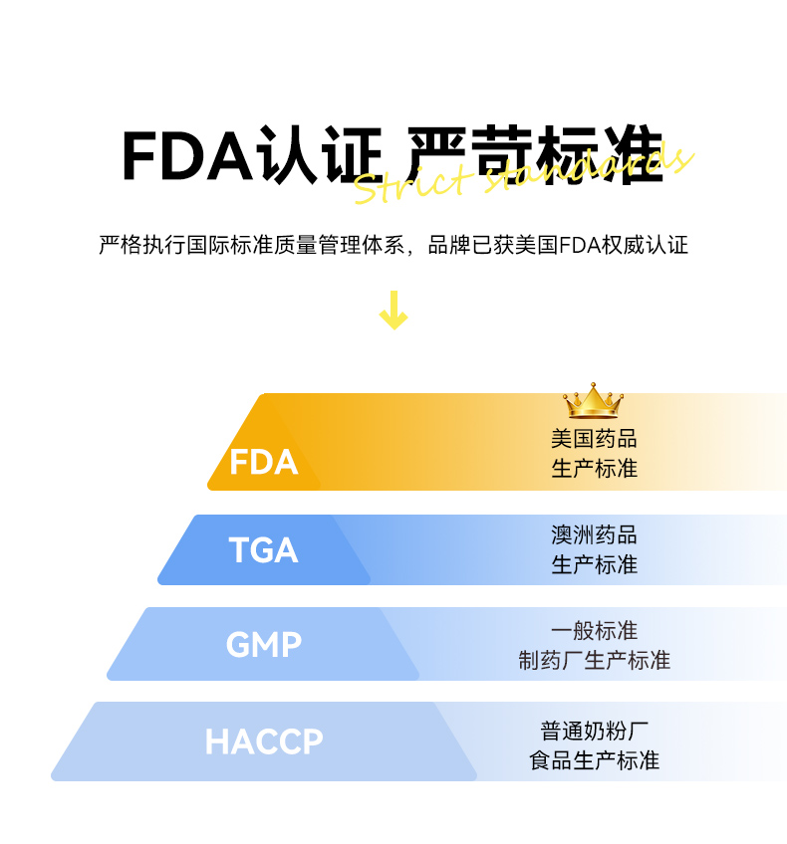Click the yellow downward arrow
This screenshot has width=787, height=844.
click(x=393, y=310)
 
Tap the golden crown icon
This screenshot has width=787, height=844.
click(x=593, y=401)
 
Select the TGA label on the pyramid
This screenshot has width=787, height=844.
click(x=264, y=550)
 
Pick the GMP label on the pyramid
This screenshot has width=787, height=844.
click(x=264, y=645)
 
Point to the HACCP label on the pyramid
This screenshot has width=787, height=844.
click(x=264, y=741)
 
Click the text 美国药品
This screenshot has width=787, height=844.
click(x=594, y=438)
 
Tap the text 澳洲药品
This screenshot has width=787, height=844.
click(x=594, y=534)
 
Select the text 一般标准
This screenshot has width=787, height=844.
click(x=594, y=630)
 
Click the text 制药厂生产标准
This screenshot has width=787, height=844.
click(x=594, y=660)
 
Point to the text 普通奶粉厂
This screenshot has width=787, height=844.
click(x=594, y=731)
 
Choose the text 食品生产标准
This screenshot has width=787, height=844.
click(x=594, y=760)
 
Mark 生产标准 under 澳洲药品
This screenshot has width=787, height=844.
click(x=594, y=564)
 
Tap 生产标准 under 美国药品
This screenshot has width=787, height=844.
click(x=594, y=468)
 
